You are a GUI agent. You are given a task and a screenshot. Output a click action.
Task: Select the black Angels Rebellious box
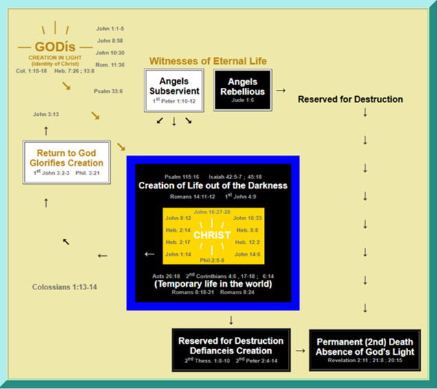[x=243, y=89]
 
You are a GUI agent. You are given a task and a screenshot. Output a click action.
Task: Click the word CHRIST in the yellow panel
[x=212, y=235]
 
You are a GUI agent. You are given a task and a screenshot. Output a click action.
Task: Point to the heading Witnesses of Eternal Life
[x=208, y=61]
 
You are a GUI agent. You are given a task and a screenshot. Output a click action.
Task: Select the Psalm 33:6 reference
[x=108, y=91]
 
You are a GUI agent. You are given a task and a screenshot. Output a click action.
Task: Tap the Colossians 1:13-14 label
[x=65, y=286]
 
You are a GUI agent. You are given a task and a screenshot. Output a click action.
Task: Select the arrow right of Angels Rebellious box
[x=280, y=90]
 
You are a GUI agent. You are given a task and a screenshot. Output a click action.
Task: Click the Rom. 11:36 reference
[x=110, y=64]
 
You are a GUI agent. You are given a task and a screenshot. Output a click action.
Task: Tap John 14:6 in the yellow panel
[x=247, y=254]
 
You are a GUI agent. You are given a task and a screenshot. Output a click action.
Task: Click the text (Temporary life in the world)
[x=213, y=283]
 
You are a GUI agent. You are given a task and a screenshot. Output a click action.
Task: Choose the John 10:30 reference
[x=110, y=52]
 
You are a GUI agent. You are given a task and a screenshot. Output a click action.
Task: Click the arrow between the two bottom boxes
[x=300, y=350]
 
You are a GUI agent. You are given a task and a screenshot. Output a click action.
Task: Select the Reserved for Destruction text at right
[x=350, y=99]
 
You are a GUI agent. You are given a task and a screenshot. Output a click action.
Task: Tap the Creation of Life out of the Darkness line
[x=213, y=185]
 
